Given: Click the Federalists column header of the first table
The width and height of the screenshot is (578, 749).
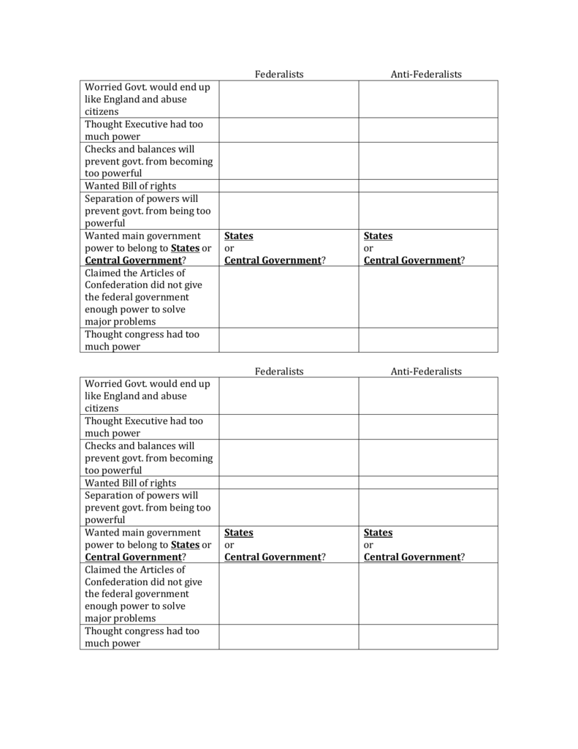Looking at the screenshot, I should click(279, 74).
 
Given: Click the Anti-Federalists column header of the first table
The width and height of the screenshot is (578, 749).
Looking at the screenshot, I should click(426, 74).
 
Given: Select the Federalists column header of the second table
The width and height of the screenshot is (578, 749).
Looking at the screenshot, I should click(279, 371).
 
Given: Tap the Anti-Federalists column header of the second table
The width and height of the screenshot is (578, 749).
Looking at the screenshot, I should click(426, 371).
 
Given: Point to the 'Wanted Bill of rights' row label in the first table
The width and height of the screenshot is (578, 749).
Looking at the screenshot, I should click(131, 186).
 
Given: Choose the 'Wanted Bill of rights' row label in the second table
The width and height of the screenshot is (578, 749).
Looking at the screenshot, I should click(131, 483).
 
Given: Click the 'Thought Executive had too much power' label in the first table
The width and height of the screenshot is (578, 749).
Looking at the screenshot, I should click(144, 130).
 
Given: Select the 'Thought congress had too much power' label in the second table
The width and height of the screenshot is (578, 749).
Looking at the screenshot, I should click(142, 637).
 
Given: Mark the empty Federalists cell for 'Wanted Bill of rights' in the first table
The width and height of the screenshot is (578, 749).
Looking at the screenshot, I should click(288, 186).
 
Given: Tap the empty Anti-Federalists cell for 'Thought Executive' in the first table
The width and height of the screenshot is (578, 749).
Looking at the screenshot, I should click(427, 130).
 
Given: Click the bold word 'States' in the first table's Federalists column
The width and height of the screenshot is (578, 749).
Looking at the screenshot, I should click(239, 236).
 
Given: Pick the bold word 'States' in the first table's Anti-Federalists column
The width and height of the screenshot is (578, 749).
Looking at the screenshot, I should click(379, 236).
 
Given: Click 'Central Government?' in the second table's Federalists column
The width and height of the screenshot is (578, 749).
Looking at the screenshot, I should click(275, 557).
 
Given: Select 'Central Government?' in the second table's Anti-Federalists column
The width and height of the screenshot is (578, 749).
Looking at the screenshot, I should click(414, 557).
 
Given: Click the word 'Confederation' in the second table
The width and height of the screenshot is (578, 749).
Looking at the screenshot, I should click(121, 581).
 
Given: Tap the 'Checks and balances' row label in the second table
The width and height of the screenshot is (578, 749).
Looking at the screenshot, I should click(140, 445).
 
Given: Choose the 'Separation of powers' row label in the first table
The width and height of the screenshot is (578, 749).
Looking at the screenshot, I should click(141, 198).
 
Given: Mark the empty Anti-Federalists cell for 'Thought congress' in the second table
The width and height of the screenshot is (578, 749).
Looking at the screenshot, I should click(427, 637).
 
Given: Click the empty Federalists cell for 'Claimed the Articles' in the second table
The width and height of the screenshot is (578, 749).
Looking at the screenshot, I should click(288, 594).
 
